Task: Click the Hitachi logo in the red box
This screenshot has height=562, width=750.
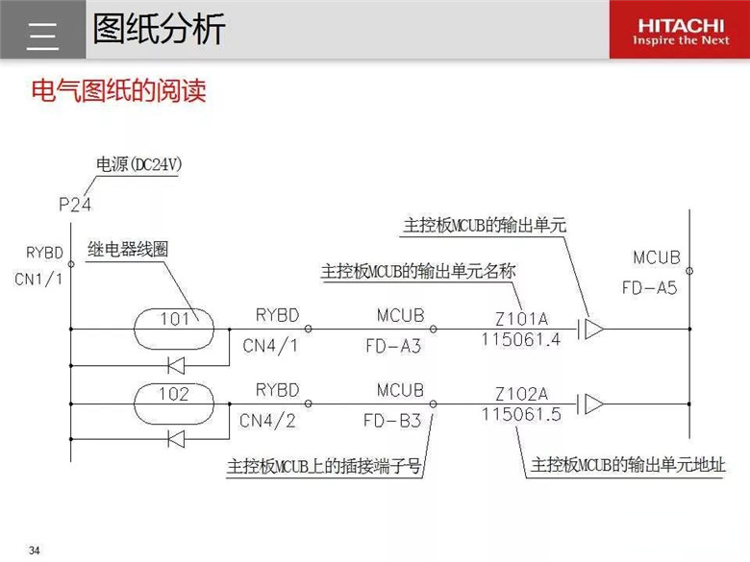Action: tap(681, 32)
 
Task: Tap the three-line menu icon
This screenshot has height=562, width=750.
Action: tap(42, 36)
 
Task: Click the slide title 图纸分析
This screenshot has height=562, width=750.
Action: tap(159, 29)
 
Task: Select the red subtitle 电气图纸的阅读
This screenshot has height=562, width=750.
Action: tap(118, 90)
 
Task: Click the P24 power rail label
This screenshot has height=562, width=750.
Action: tap(75, 205)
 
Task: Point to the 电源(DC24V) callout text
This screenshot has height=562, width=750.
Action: tap(139, 165)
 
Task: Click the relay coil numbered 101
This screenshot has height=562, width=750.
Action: tap(174, 329)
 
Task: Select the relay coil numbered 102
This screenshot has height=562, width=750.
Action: tap(174, 403)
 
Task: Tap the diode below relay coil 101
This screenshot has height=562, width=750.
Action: tap(177, 366)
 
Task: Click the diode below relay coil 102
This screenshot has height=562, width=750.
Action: tap(177, 439)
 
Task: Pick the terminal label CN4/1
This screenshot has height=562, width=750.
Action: tap(270, 346)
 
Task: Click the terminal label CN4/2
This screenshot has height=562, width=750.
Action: tap(267, 421)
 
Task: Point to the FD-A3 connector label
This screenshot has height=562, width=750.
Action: tap(393, 346)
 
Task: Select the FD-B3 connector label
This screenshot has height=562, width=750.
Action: tap(392, 421)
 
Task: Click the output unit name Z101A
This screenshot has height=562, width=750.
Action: tap(521, 319)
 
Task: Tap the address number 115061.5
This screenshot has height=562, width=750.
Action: tap(521, 414)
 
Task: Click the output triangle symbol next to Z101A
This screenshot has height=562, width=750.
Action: tap(594, 329)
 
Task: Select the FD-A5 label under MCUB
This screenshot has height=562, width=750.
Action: tap(650, 287)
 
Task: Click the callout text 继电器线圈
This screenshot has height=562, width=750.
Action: tap(128, 249)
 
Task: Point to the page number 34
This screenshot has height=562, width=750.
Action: tap(34, 550)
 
